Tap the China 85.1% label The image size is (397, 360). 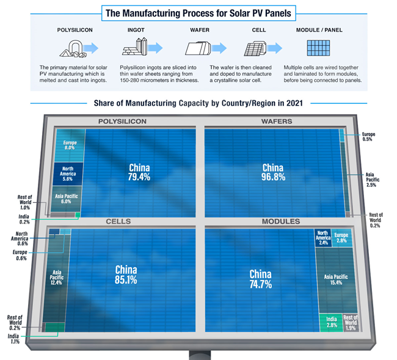(126, 274)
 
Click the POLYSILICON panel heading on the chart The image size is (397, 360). (122, 122)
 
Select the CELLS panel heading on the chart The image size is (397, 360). (118, 221)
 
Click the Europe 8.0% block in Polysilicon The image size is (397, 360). (69, 145)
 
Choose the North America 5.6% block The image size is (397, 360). (67, 174)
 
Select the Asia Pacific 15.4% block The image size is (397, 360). (336, 280)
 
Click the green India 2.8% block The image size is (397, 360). (330, 321)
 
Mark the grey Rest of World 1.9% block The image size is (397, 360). (350, 321)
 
